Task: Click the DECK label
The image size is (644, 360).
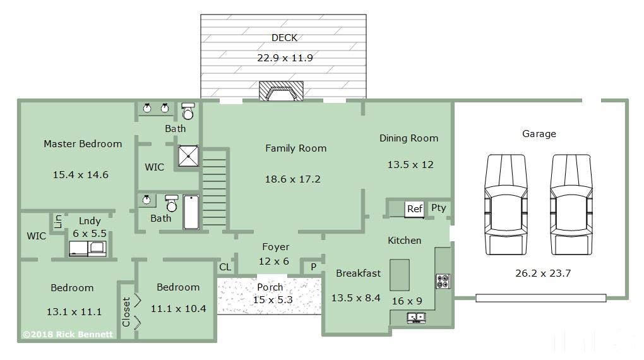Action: [x=284, y=38]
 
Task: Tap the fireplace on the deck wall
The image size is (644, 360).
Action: [x=282, y=91]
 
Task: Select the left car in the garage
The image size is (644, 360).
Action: [x=506, y=204]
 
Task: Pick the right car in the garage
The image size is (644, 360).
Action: [x=571, y=204]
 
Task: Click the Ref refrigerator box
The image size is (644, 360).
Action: [x=414, y=209]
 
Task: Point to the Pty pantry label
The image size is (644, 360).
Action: [x=439, y=208]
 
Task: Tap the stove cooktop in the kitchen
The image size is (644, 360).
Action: [x=443, y=282]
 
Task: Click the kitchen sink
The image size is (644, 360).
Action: [x=416, y=318]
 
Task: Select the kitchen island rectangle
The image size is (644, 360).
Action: [x=399, y=275]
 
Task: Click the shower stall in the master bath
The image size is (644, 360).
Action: [x=189, y=156]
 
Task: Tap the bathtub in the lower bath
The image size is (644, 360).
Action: [x=191, y=212]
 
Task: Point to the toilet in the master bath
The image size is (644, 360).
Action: [x=188, y=111]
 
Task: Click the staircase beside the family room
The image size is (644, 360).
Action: [x=215, y=188]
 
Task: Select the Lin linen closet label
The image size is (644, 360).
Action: [x=58, y=221]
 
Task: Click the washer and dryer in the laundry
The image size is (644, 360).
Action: [x=88, y=249]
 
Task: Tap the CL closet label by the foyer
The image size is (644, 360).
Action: [x=225, y=267]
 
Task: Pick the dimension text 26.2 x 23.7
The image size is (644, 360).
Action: [x=543, y=273]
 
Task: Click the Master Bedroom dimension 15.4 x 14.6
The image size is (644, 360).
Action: [x=81, y=175]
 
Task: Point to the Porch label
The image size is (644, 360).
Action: [x=270, y=287]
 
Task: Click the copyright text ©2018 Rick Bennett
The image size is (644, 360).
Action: [x=68, y=335]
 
